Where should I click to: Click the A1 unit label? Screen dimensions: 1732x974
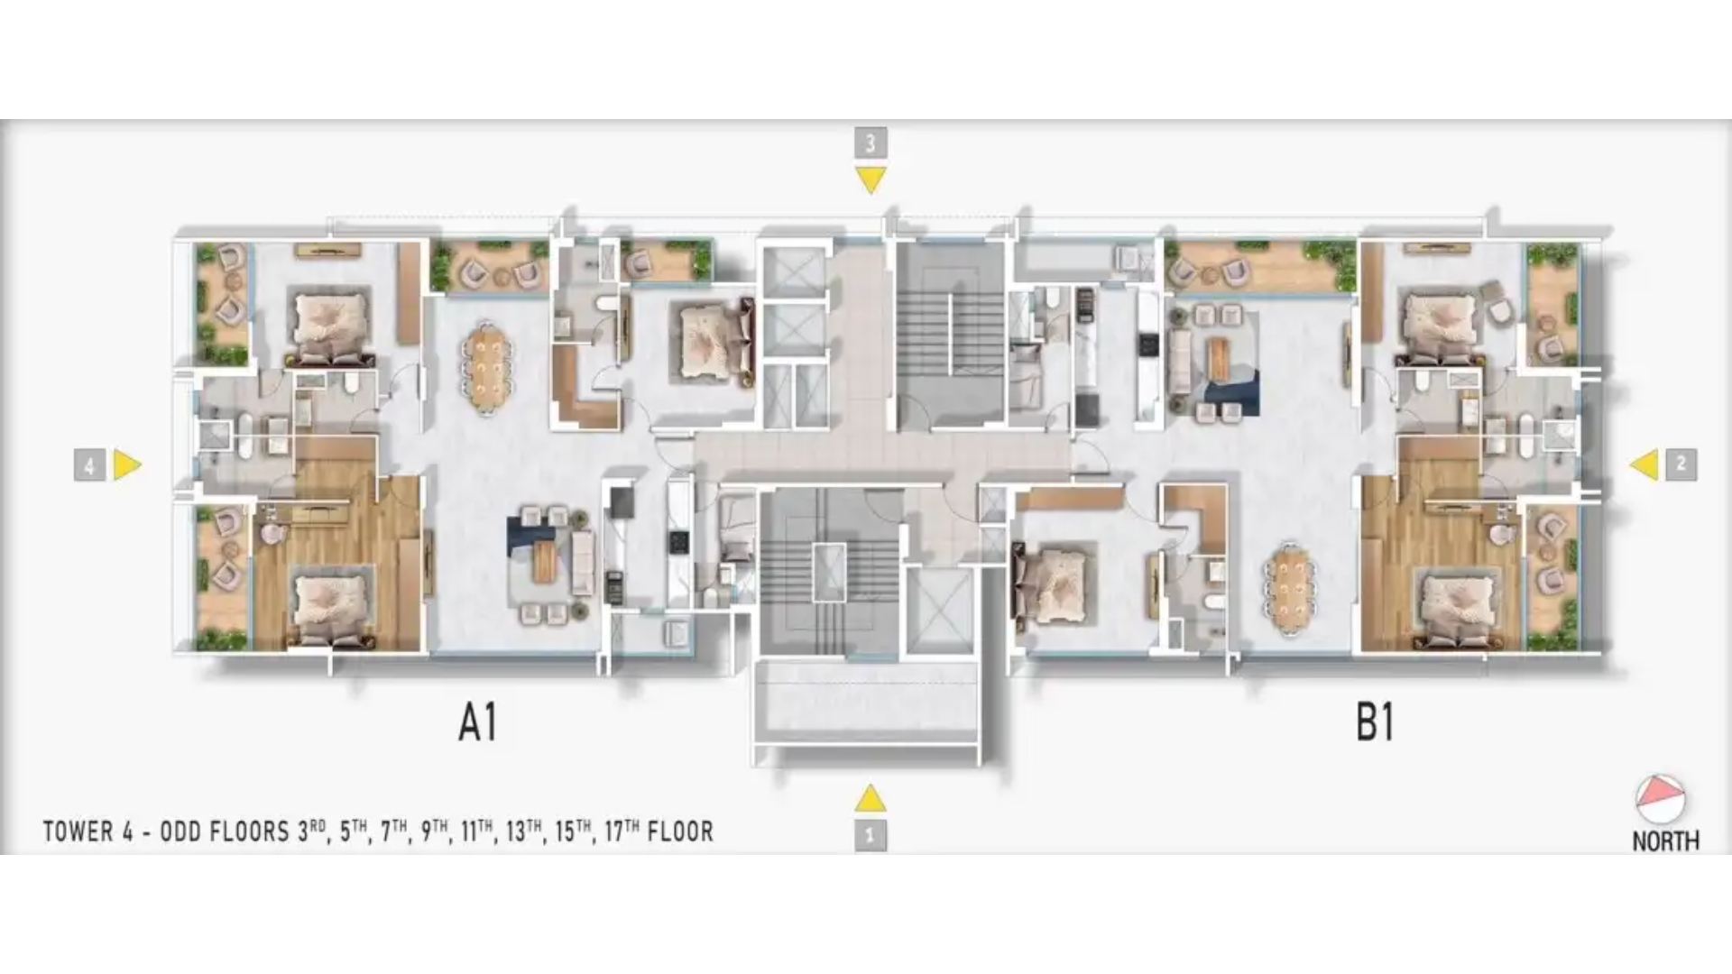pyautogui.click(x=478, y=722)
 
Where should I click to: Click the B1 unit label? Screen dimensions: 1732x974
pyautogui.click(x=1375, y=722)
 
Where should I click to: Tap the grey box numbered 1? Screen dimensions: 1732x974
pyautogui.click(x=870, y=835)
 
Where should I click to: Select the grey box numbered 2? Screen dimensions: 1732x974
pyautogui.click(x=1681, y=464)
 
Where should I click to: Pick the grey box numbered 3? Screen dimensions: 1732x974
pyautogui.click(x=871, y=142)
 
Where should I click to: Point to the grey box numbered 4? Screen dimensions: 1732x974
pyautogui.click(x=89, y=465)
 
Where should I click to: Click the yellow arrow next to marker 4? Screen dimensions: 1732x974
pyautogui.click(x=127, y=465)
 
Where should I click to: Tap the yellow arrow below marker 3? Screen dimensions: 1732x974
pyautogui.click(x=871, y=180)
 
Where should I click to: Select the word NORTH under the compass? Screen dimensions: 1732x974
pyautogui.click(x=1665, y=841)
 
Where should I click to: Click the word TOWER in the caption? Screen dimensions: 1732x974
pyautogui.click(x=78, y=832)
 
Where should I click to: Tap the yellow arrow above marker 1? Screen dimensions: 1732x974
pyautogui.click(x=870, y=798)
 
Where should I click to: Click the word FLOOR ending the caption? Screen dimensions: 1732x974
pyautogui.click(x=680, y=832)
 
